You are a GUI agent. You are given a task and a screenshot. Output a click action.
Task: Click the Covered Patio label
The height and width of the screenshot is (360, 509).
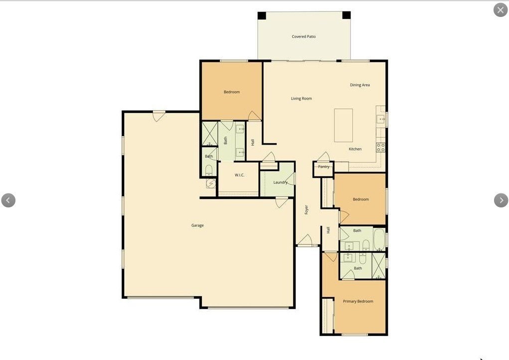click(304, 37)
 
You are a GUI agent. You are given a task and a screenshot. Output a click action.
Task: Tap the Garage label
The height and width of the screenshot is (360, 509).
click(197, 225)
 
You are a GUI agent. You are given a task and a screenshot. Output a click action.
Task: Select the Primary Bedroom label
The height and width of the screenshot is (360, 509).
click(358, 301)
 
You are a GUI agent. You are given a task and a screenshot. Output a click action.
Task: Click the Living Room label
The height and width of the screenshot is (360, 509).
click(301, 98)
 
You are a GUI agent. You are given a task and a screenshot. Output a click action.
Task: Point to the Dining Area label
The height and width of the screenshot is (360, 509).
click(359, 85)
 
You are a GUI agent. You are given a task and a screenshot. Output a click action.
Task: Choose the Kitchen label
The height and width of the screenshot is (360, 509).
click(355, 149)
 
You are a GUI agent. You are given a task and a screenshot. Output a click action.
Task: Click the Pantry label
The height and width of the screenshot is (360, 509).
click(324, 167)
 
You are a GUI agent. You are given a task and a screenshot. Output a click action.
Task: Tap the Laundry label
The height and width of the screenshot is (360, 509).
click(280, 182)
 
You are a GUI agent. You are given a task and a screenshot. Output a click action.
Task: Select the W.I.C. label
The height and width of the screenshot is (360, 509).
click(240, 175)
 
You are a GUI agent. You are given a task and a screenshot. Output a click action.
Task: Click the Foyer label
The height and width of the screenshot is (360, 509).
click(306, 210)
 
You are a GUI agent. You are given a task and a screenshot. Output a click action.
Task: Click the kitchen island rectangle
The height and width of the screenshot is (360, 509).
click(343, 125)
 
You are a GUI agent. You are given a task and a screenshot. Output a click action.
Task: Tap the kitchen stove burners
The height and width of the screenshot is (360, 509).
click(381, 148)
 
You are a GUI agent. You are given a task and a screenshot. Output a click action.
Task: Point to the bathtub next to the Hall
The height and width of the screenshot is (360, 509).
click(379, 239)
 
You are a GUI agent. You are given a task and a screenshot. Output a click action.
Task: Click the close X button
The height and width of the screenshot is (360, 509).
click(500, 10)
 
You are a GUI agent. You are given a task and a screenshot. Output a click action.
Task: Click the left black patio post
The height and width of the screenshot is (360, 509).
click(262, 15)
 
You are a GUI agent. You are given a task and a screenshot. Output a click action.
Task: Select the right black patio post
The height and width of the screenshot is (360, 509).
click(346, 15)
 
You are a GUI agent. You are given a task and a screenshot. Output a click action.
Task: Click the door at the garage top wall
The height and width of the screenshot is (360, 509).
click(159, 116)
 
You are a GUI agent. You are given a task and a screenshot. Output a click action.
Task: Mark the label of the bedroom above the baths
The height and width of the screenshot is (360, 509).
click(360, 199)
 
